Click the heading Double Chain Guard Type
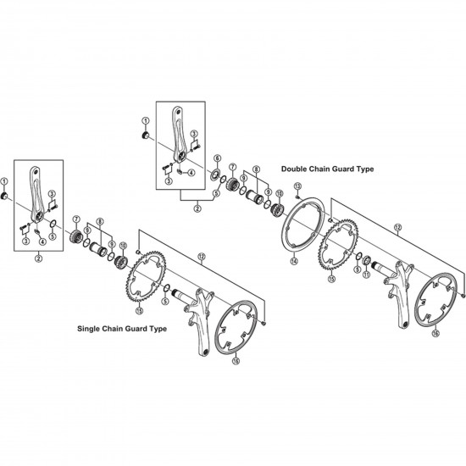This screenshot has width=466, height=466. coord(328,169)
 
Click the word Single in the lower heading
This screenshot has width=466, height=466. coord(89,329)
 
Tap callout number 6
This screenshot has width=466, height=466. coord(218,158)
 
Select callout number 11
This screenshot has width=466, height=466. coord(366,275)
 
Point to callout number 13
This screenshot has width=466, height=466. coord(297,186)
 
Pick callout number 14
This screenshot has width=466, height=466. coord(294,261)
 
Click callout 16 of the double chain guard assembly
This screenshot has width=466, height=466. coord(435,333)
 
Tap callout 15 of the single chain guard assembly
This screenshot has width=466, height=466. coord(139,311)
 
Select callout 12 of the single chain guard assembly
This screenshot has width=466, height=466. coord(202,256)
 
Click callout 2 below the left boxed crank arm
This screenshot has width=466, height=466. coord(38,258)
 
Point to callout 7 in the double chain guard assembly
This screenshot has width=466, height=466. coord(232,167)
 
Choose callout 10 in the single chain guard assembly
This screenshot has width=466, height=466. coord(123,246)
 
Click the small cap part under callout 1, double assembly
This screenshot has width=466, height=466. coord(146,136)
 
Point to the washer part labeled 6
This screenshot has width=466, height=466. coord(214,175)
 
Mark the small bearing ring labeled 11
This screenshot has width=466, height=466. coord(366,260)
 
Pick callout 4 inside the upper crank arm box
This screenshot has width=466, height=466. coord(191,172)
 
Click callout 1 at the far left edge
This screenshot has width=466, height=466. coord(4,181)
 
